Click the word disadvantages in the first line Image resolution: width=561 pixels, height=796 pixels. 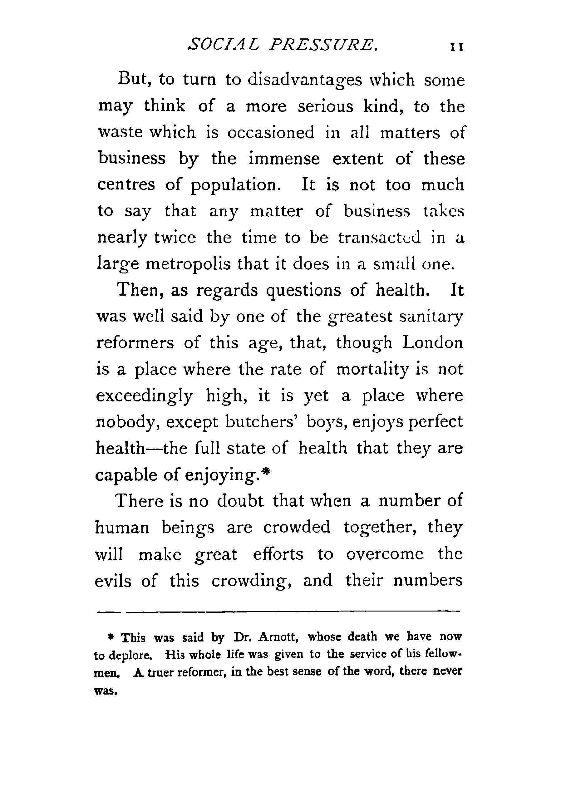coord(304,81)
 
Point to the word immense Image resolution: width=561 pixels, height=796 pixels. coord(284,159)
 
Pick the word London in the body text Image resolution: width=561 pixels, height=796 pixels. coord(433,343)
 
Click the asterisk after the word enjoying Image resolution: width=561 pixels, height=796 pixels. coord(266,472)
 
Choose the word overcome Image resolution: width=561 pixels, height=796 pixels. coord(385,554)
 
